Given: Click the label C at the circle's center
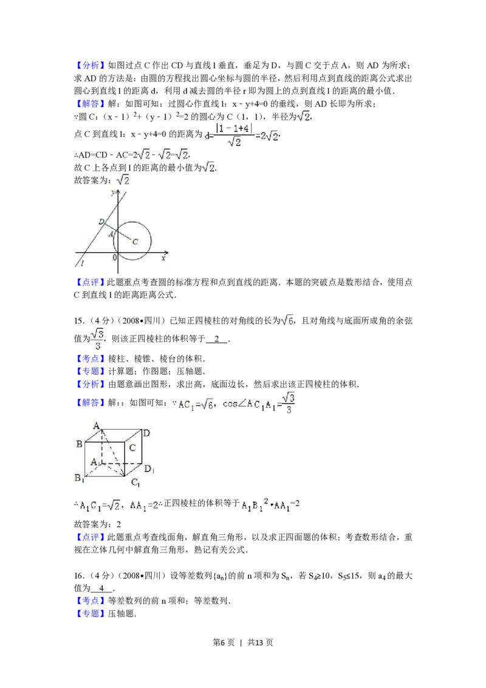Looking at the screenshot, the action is [x=135, y=242].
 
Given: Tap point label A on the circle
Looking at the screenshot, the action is [x=111, y=234].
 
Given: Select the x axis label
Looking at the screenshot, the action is [x=163, y=258].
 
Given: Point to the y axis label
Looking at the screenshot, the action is [x=113, y=192].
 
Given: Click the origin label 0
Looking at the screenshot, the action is [x=114, y=258].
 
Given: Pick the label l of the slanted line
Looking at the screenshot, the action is [x=82, y=263].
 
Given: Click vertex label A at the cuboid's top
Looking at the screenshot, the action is [x=96, y=426].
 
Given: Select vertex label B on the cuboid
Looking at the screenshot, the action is [x=79, y=444].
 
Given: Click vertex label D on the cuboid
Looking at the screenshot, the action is [x=146, y=433].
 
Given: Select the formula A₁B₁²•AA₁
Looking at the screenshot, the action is [x=265, y=505].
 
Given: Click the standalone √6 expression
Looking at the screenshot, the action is [x=287, y=318].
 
